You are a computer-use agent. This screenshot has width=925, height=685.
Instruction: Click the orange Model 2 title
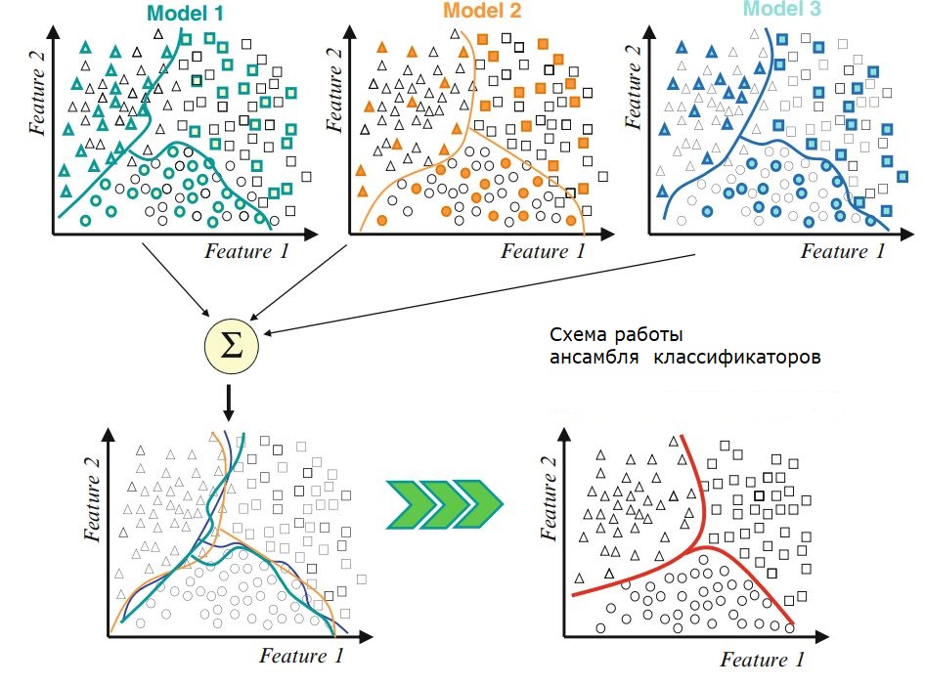tap(484, 11)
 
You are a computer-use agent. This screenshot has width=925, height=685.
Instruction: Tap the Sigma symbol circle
tap(232, 344)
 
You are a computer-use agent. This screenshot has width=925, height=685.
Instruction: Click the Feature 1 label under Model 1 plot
tap(246, 252)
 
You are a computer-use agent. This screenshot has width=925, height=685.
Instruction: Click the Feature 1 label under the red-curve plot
tap(763, 660)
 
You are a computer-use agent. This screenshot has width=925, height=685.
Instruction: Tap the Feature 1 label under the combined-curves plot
tap(302, 656)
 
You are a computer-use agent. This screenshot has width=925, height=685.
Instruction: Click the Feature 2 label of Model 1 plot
tap(40, 88)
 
